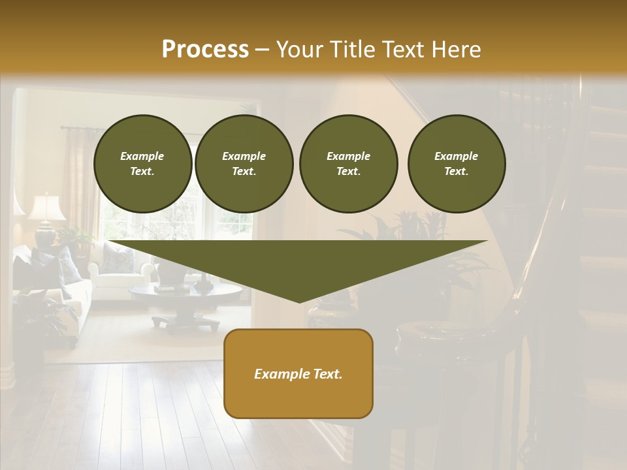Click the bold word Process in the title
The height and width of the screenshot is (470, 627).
(x=205, y=49)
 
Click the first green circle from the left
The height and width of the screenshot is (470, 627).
(x=142, y=164)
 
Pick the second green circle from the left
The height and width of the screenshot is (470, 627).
(x=244, y=164)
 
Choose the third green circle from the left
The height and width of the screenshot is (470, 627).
(x=348, y=164)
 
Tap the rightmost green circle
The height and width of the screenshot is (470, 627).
(x=456, y=164)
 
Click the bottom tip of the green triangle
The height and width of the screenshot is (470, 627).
(x=299, y=300)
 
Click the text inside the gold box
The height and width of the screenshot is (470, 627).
(x=298, y=374)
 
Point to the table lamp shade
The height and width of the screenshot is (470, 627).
(x=46, y=208)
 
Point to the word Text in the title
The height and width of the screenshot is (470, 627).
(x=404, y=49)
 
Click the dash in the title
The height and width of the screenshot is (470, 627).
(x=263, y=50)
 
